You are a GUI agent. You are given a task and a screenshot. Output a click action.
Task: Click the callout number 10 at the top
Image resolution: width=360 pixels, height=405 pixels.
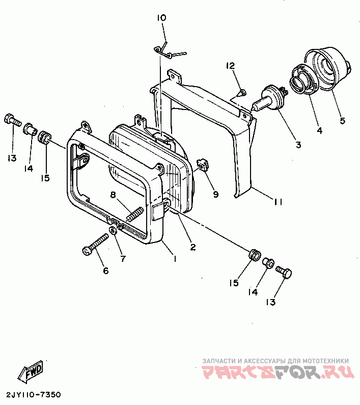click(161, 18)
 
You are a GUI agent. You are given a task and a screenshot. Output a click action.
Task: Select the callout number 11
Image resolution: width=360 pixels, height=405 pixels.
click(277, 202)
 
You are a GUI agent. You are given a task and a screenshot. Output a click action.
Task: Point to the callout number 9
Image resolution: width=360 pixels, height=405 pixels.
click(215, 194)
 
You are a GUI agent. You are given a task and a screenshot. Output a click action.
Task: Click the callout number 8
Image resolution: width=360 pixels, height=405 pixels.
click(113, 194)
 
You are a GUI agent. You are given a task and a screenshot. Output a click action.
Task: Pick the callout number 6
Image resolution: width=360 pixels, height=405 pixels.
click(106, 271)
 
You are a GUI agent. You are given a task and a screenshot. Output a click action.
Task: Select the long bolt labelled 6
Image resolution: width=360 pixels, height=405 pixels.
click(96, 245)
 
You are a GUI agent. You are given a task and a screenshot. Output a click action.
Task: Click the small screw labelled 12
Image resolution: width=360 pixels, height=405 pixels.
click(243, 93)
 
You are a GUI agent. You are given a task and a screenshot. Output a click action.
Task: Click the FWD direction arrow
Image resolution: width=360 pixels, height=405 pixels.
click(31, 372)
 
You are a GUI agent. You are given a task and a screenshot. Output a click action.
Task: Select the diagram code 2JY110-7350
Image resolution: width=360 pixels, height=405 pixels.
click(34, 395)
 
